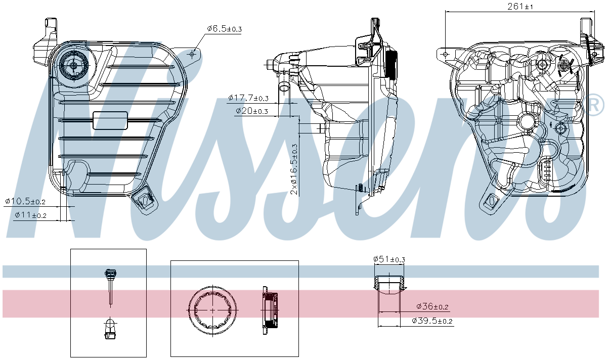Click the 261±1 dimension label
click(x=520, y=6)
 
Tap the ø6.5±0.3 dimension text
click(x=224, y=28)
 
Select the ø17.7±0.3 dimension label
click(x=248, y=98)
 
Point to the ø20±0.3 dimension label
click(x=252, y=111)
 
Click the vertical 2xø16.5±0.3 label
click(x=294, y=169)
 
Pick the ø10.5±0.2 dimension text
click(x=25, y=201)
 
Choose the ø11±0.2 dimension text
click(x=31, y=215)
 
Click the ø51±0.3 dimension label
click(x=389, y=259)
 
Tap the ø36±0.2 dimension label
click(x=432, y=306)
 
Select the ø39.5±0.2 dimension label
click(x=432, y=321)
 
